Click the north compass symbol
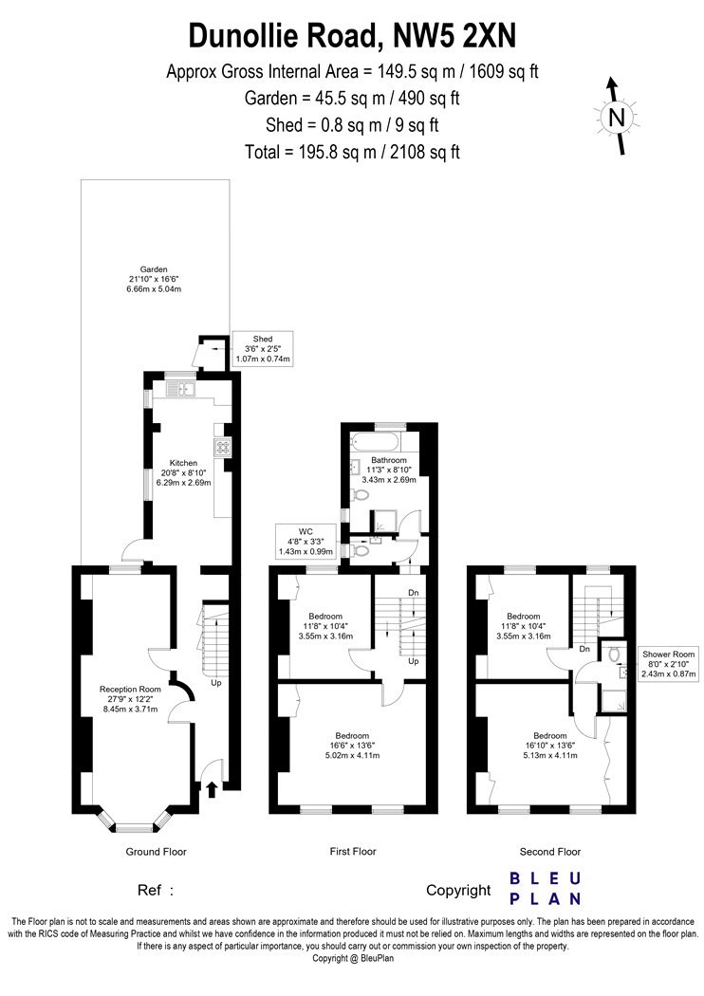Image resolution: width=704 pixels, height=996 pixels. (617, 117)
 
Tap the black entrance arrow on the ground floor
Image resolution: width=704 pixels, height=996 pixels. (212, 789)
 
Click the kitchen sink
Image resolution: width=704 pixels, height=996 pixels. (181, 389)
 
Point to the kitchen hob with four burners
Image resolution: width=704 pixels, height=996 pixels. (223, 447)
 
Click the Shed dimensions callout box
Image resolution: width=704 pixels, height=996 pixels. (263, 349)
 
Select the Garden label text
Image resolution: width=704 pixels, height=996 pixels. (154, 269)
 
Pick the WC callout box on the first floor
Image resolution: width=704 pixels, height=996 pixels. (306, 542)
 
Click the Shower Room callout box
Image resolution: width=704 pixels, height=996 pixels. (668, 664)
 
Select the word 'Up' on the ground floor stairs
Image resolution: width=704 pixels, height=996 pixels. (216, 684)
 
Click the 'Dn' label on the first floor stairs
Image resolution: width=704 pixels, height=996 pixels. (414, 593)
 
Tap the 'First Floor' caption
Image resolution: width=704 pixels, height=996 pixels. (353, 851)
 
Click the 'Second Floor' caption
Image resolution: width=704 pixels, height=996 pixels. (550, 851)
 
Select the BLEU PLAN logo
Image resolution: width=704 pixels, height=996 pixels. (546, 889)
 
